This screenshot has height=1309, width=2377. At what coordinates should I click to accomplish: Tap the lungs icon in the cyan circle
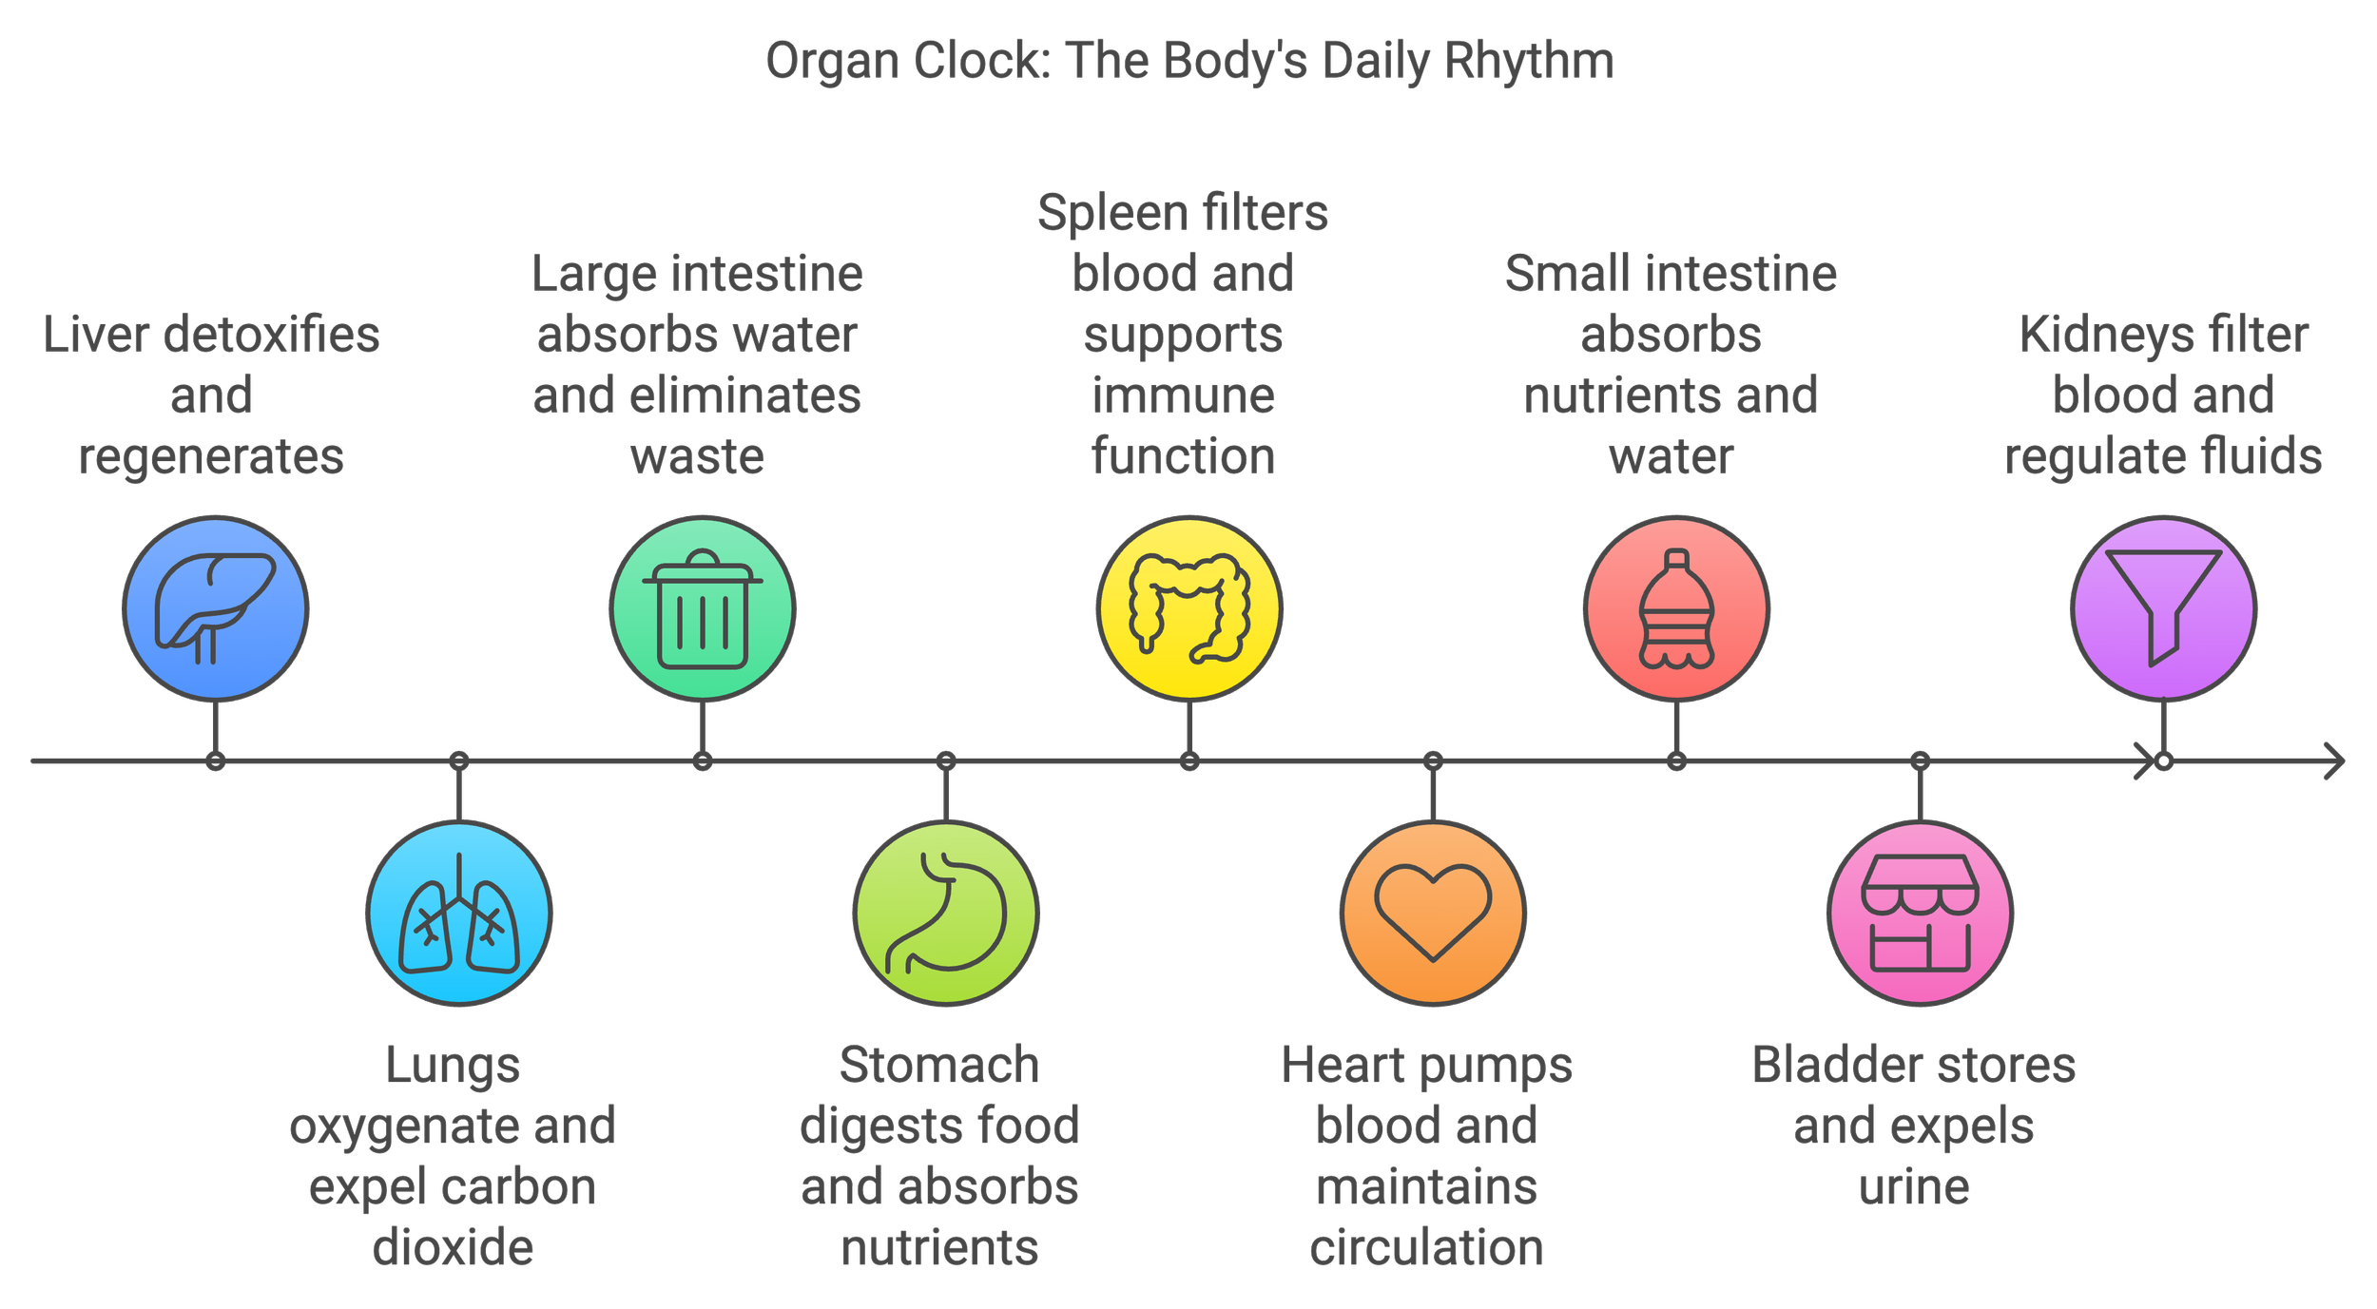(x=459, y=914)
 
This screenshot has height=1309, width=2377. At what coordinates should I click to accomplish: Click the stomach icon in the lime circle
(x=946, y=914)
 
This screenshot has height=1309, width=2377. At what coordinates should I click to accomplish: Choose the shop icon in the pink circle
(x=1920, y=914)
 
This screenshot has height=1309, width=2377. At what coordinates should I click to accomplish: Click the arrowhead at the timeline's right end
(x=2335, y=761)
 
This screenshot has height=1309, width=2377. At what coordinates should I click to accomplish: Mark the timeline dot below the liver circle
(x=216, y=761)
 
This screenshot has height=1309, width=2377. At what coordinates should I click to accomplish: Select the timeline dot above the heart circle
(x=1433, y=761)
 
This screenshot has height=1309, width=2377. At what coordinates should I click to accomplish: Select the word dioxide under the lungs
(x=453, y=1247)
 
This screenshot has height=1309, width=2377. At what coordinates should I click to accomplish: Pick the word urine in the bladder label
(x=1914, y=1186)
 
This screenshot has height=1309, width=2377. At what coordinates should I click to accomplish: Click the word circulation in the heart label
(x=1426, y=1247)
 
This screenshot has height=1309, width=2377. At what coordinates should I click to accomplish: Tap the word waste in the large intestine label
(x=697, y=456)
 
